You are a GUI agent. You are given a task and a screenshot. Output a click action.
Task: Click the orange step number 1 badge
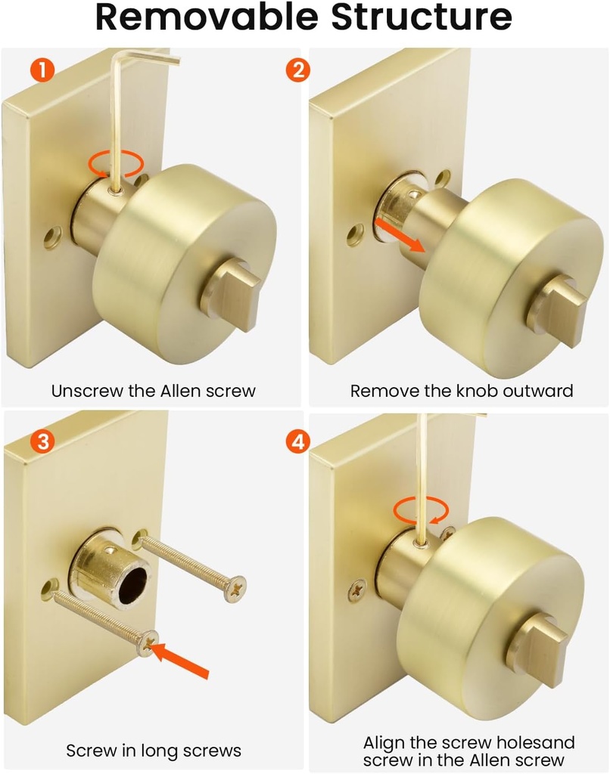click(x=42, y=71)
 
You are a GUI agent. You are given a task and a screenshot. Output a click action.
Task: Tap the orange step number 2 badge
click(x=297, y=71)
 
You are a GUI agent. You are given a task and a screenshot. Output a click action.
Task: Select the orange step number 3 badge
click(x=42, y=441)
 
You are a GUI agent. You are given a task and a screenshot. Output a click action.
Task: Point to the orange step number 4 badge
click(x=297, y=441)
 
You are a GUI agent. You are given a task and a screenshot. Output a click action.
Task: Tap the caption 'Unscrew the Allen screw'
click(x=154, y=391)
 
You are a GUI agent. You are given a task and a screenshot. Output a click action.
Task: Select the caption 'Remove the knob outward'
click(x=462, y=391)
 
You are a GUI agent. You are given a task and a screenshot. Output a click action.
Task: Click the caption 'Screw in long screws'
click(x=154, y=751)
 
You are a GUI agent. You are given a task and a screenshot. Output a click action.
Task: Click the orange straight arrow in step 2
click(x=400, y=237)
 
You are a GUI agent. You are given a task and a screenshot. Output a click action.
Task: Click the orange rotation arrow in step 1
click(x=116, y=163)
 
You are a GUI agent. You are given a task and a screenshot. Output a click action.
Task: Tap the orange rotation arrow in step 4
click(x=421, y=510)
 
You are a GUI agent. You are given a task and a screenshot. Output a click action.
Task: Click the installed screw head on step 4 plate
click(x=356, y=590)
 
